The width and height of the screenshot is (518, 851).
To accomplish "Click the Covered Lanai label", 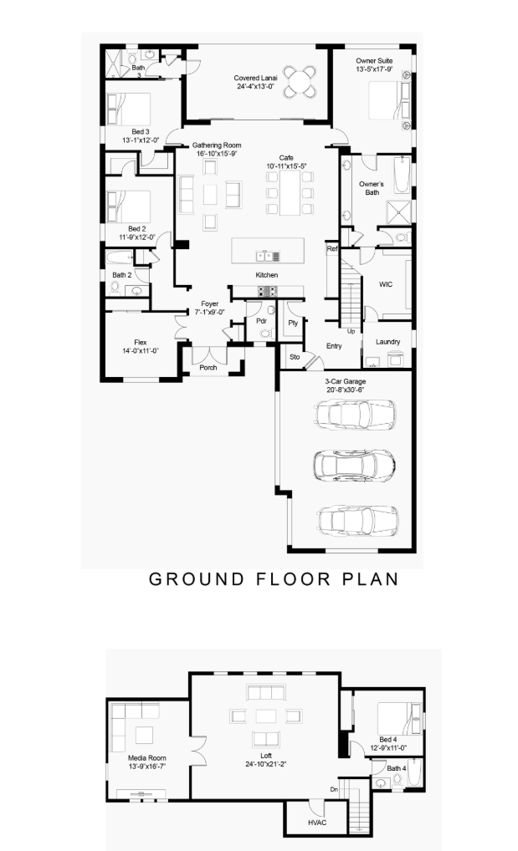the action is (255, 78).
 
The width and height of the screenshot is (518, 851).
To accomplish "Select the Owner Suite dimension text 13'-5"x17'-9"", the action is (375, 69).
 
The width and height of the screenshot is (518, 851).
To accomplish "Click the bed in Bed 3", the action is (128, 109).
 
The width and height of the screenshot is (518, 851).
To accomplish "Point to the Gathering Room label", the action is (217, 145).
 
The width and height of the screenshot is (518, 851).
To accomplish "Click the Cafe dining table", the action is (290, 192).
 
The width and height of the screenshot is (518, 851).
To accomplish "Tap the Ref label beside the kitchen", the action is (332, 249).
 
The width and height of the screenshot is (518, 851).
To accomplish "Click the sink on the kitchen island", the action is (264, 256).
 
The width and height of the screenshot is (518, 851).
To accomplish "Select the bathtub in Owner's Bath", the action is (403, 175).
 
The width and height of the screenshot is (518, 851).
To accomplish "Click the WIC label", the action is (386, 284).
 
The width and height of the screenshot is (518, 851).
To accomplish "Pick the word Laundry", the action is (388, 342).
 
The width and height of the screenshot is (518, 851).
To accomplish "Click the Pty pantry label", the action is (293, 323).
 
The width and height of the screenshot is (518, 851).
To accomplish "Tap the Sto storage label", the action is (295, 357).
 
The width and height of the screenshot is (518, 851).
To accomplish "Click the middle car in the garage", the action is (354, 465).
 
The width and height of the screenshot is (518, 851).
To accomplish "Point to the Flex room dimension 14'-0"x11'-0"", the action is (141, 351).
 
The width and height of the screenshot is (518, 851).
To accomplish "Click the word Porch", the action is (208, 368).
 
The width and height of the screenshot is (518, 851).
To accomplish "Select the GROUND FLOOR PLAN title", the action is (274, 579).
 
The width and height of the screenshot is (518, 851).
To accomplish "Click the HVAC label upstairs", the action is (317, 823).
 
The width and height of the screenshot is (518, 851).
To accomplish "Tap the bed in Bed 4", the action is (399, 718).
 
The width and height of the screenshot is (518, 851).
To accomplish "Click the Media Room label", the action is (147, 758).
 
